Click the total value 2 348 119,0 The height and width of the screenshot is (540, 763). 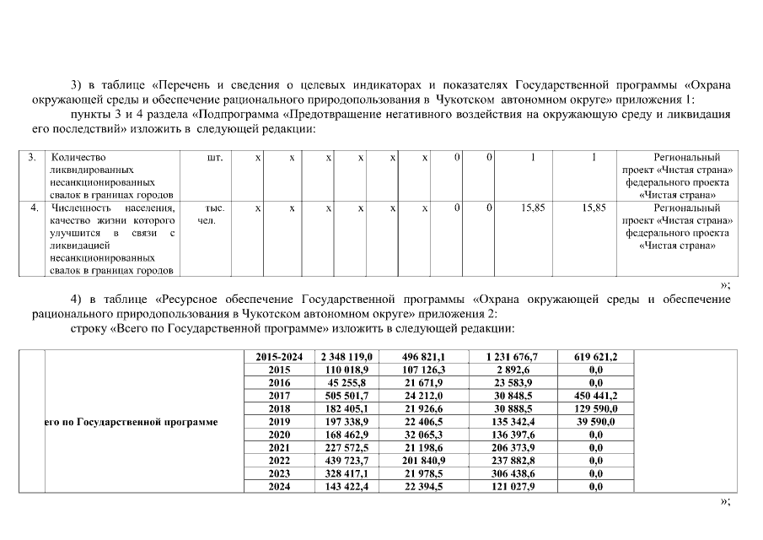coord(342,357)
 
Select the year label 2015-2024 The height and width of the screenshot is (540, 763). coord(279,357)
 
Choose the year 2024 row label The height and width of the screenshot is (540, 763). coord(279,486)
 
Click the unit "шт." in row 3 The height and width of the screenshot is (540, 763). coord(214,158)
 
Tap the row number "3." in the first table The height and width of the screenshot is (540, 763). coord(31,158)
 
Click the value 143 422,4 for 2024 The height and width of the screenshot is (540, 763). coord(342,486)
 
